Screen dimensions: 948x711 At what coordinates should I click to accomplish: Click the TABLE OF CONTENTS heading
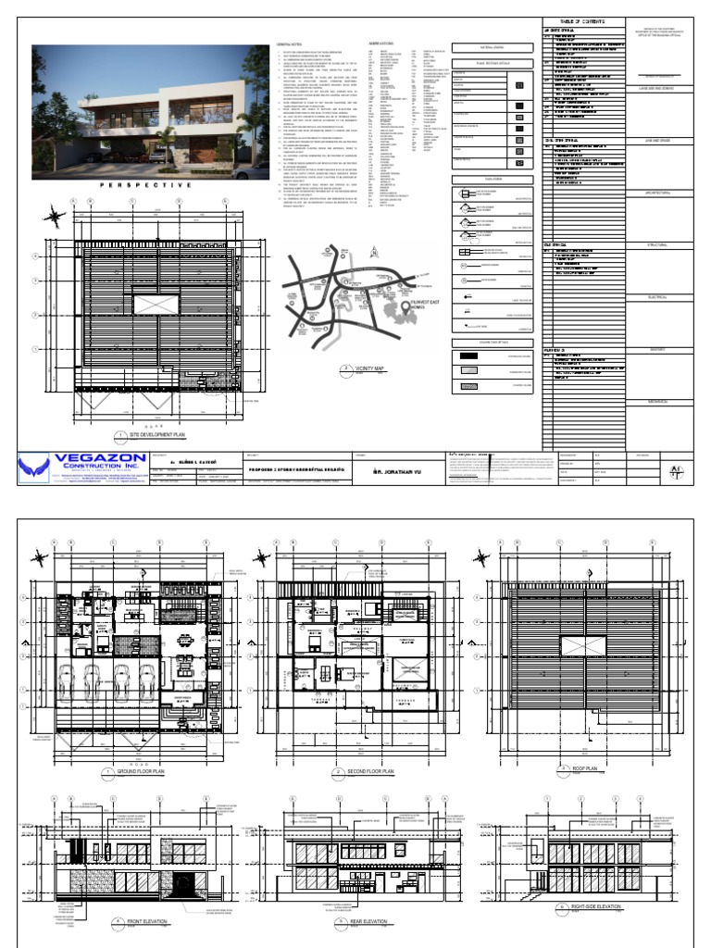click(581, 21)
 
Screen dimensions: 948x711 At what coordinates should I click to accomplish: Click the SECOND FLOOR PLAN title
click(370, 771)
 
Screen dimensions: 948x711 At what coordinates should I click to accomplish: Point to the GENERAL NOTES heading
click(290, 44)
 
